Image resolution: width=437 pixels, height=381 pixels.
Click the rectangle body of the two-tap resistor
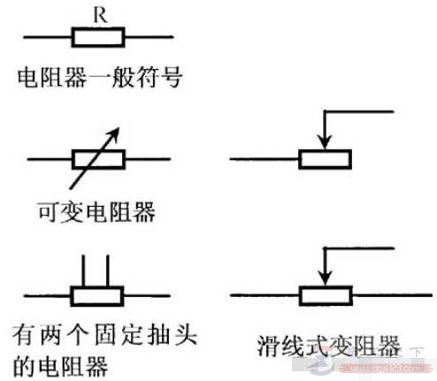tap(98, 294)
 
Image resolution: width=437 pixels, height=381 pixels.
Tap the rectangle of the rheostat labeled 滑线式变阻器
tap(326, 294)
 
